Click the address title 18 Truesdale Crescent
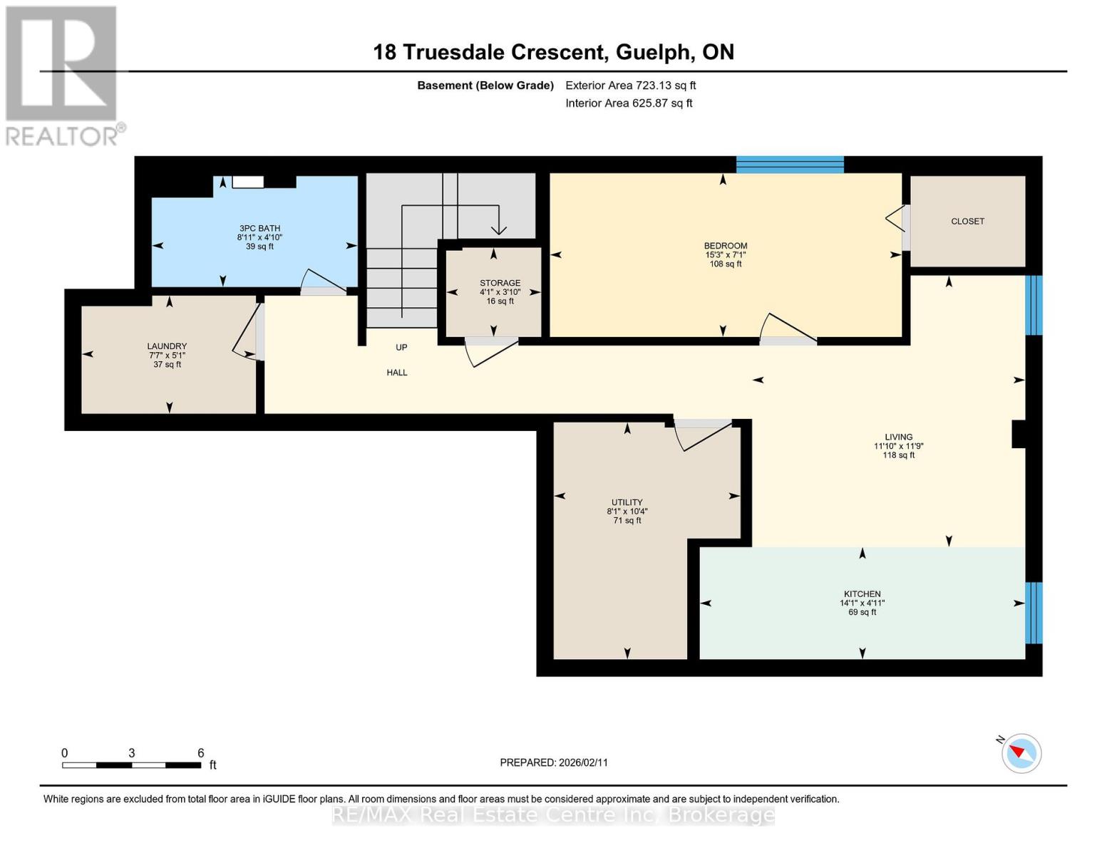(553, 52)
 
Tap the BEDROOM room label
(725, 246)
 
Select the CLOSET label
(967, 222)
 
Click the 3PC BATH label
(259, 229)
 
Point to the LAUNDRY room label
(167, 346)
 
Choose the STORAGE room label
(500, 283)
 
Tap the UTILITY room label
(627, 502)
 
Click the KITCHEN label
(862, 594)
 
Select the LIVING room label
(898, 437)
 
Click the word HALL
(397, 373)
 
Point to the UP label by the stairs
(401, 348)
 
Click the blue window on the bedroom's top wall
(790, 165)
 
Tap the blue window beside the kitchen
(1033, 613)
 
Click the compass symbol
(1021, 753)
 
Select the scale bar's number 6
(201, 753)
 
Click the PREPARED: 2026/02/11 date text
(554, 762)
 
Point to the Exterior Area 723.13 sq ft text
(630, 85)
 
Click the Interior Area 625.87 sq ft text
(629, 103)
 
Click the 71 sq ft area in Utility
(627, 521)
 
